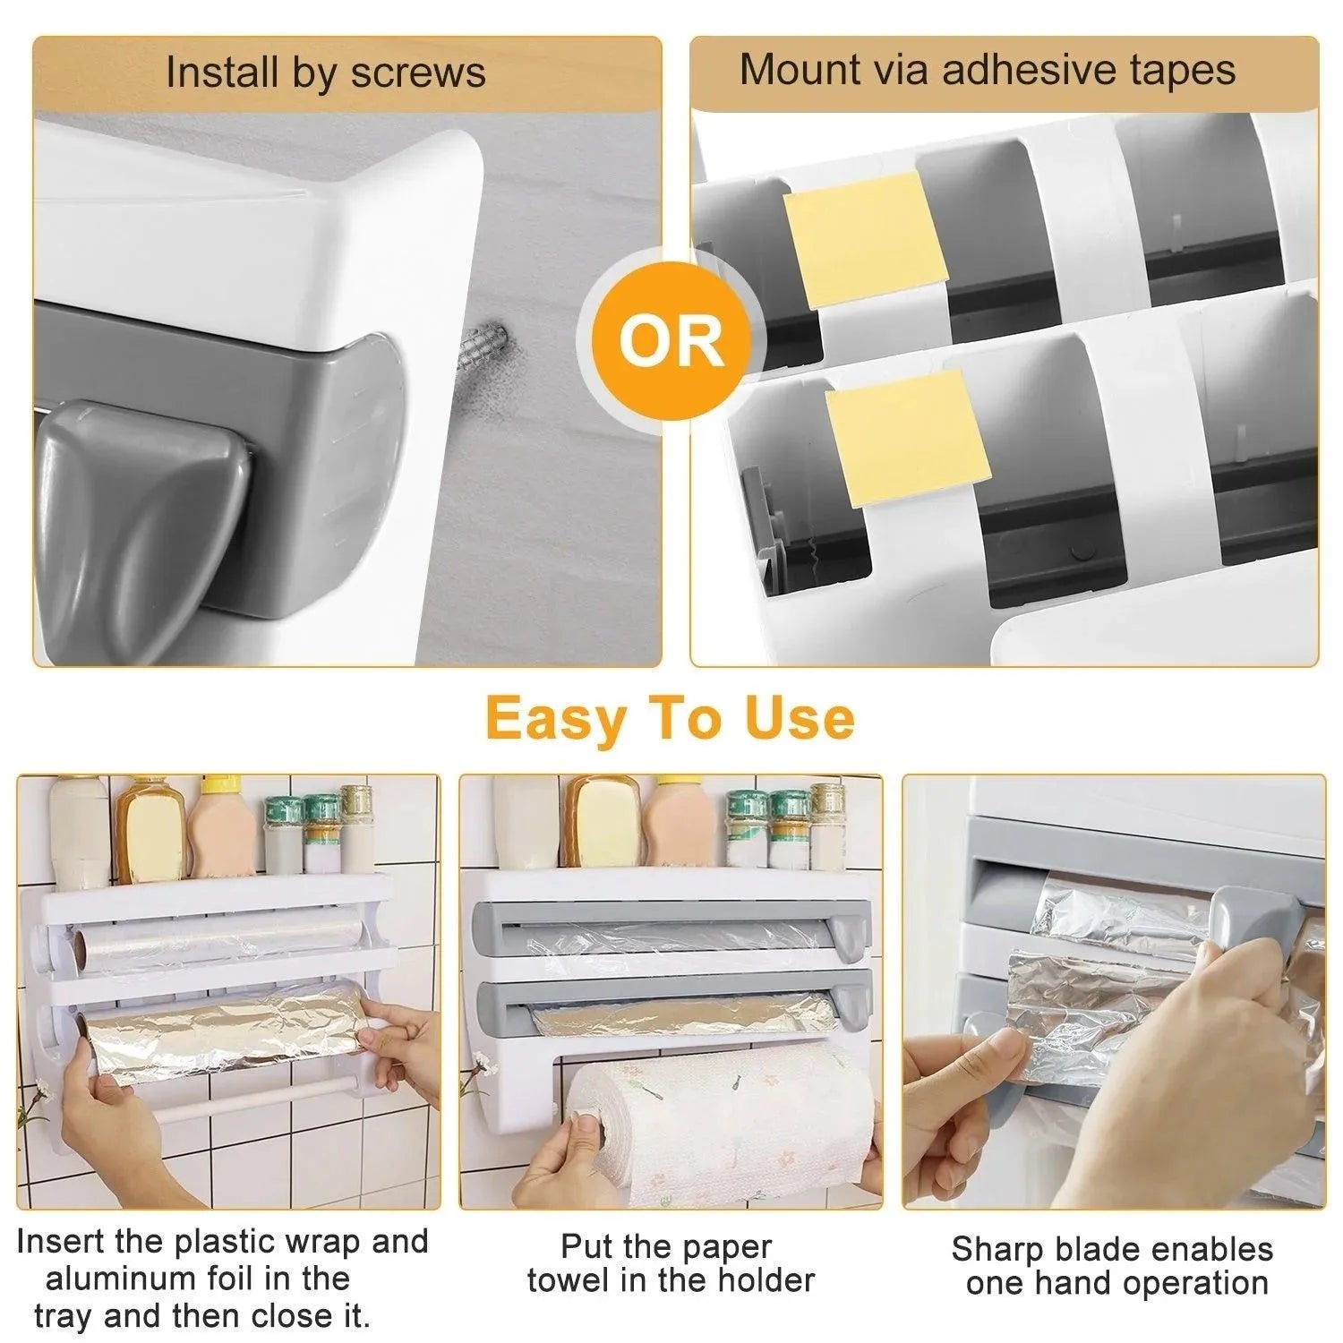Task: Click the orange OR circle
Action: (x=671, y=339)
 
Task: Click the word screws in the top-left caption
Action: (x=418, y=73)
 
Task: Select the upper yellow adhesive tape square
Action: (x=865, y=237)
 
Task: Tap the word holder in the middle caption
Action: (x=764, y=1280)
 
